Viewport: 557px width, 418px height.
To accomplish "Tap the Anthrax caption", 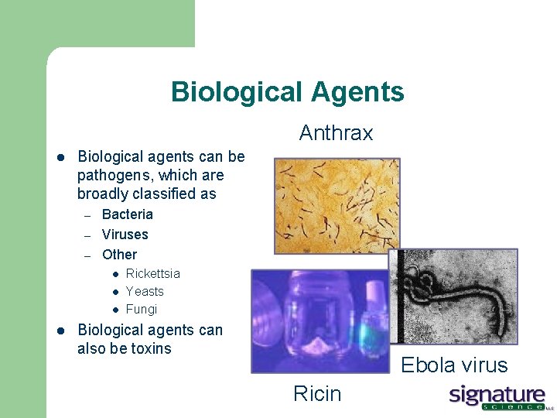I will [x=336, y=133].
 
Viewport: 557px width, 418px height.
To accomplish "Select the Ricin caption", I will [x=317, y=394].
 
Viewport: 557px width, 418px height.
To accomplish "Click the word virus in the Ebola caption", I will [x=483, y=365].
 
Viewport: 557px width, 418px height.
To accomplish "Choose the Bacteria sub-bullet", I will [x=128, y=214].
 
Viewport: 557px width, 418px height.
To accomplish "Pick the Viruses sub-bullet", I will [x=125, y=235].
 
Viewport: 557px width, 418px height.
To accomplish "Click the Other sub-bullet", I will [x=119, y=255].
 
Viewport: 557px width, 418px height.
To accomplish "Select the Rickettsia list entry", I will [x=152, y=273].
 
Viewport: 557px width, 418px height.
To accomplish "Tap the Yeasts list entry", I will [x=145, y=291].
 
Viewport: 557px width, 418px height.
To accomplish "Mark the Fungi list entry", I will [x=141, y=309].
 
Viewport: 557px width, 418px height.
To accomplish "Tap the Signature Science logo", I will [x=498, y=397].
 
